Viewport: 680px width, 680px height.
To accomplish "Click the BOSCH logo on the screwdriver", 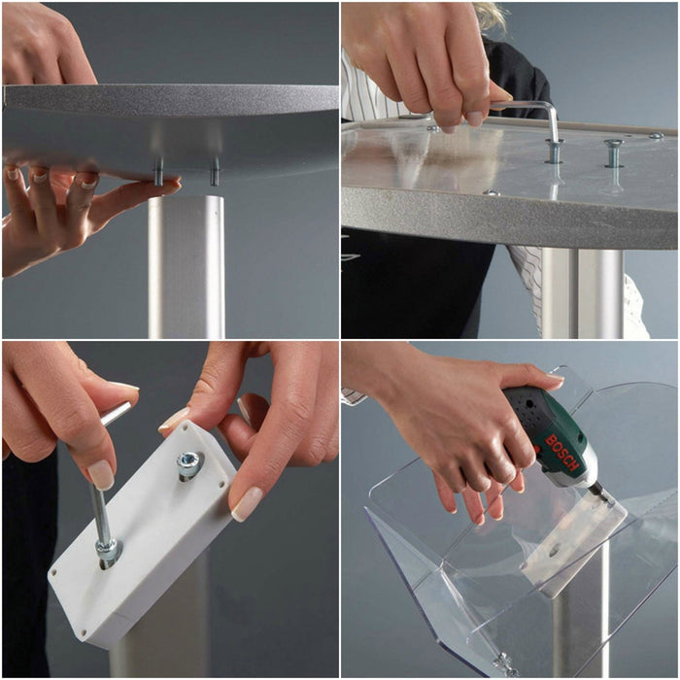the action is [x=561, y=453].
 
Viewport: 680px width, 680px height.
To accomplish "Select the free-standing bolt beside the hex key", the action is [x=614, y=153].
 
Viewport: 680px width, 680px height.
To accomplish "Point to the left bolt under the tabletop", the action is [x=158, y=172].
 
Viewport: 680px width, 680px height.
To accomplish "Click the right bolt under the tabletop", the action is [x=215, y=172].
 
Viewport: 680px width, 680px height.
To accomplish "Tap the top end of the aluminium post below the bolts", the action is [x=187, y=199].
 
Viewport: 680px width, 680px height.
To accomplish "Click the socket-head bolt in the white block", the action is [x=189, y=463].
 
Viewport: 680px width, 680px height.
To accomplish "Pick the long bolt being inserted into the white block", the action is [x=104, y=521].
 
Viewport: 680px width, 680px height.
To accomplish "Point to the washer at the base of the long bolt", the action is [x=109, y=551].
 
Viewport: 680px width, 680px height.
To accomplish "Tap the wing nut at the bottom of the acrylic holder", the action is [x=504, y=663].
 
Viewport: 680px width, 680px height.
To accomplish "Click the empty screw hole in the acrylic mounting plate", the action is [x=554, y=553].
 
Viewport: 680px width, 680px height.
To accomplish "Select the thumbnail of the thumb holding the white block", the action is [x=247, y=504].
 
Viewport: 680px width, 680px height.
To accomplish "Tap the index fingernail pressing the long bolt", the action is [x=101, y=474].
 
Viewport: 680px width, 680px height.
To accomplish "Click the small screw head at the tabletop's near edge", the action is [x=491, y=192].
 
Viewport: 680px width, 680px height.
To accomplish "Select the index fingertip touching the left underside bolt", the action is [x=168, y=183].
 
